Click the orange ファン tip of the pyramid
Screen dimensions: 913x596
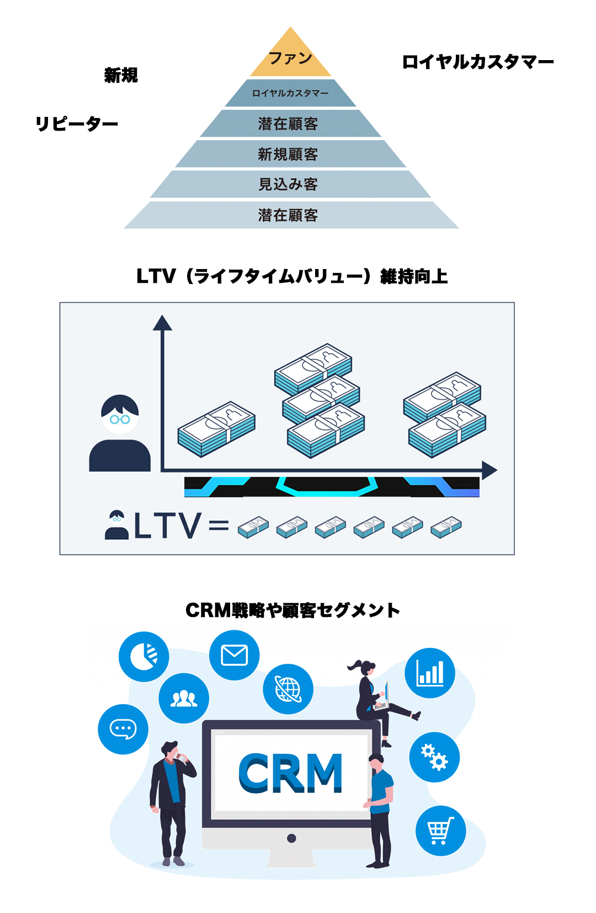[290, 57]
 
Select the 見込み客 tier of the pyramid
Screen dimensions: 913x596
[288, 184]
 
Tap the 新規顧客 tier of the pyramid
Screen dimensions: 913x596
[288, 154]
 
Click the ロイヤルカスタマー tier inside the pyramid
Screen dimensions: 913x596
[290, 93]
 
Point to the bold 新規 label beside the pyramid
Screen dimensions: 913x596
[121, 75]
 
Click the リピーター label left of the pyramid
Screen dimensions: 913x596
[77, 123]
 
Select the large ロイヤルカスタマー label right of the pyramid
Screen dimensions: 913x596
[478, 62]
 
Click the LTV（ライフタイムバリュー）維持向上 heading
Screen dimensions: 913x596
[292, 276]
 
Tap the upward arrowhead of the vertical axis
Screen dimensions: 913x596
[162, 323]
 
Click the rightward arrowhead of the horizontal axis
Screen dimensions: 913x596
[489, 470]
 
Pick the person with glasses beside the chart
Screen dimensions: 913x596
[120, 433]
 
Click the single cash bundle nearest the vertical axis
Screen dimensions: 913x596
[216, 429]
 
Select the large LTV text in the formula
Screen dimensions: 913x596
[168, 525]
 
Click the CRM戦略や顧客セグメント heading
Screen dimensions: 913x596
[292, 610]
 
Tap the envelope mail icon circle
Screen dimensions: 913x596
[234, 655]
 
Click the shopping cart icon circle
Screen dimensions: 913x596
[440, 830]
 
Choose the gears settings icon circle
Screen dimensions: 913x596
[434, 757]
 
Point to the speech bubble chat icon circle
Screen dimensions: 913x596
[123, 729]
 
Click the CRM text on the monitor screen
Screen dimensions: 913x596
[290, 773]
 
